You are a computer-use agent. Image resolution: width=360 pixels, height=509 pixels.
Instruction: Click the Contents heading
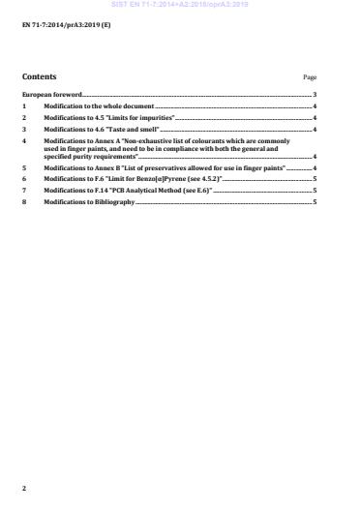click(39, 76)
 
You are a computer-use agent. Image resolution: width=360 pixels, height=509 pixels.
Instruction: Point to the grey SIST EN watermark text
click(179, 4)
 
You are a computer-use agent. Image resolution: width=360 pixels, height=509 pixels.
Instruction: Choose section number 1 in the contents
click(24, 105)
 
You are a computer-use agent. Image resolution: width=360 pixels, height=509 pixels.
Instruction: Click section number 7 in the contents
click(24, 191)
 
